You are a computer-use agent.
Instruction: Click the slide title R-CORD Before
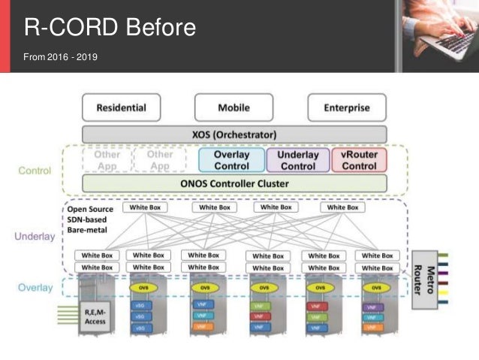(110, 28)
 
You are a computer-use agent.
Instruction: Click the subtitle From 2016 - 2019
(59, 57)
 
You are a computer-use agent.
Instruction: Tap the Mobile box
(233, 107)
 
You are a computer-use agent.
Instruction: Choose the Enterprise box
(346, 107)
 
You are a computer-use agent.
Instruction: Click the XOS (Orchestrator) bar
(233, 135)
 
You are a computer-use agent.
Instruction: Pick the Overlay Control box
(231, 160)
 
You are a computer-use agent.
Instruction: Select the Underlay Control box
(297, 160)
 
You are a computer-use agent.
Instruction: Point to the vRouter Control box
(358, 160)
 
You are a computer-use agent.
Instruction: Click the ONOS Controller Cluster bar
(233, 183)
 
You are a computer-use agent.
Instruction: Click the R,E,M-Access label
(95, 316)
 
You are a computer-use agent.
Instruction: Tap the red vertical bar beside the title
(5, 35)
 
